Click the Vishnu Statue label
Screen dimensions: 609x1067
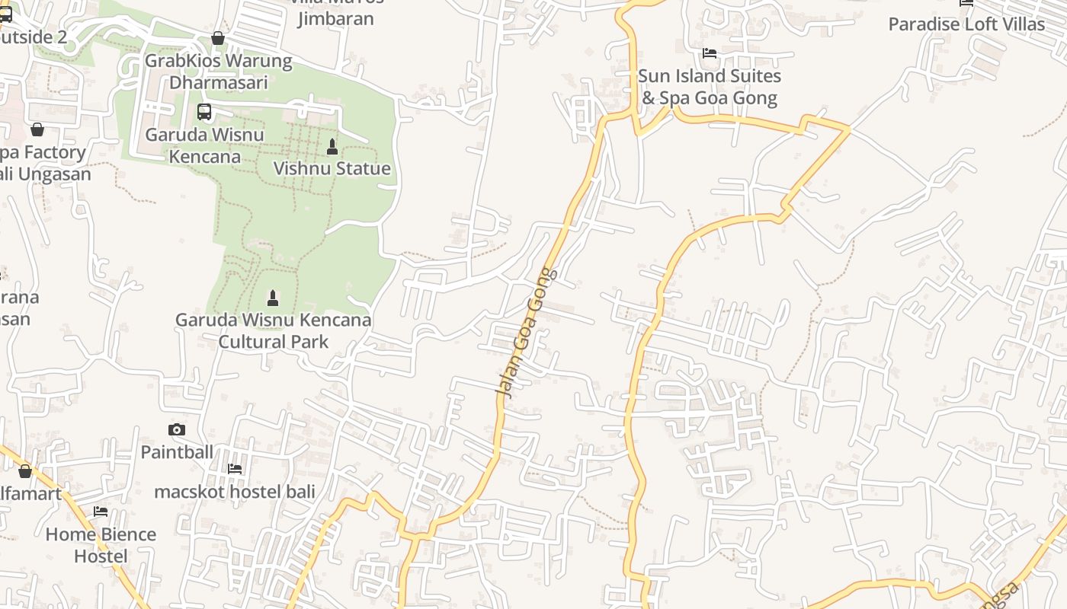click(x=332, y=168)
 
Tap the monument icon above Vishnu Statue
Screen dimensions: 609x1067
click(x=332, y=146)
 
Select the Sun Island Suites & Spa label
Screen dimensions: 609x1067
click(x=709, y=87)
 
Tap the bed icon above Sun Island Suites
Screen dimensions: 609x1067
click(x=710, y=53)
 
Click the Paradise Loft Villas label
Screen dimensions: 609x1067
click(x=966, y=24)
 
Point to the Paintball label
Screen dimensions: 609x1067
click(x=177, y=452)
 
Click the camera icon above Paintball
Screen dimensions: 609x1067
click(x=177, y=430)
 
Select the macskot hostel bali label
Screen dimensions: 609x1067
click(x=235, y=492)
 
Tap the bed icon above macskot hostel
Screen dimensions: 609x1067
click(x=235, y=469)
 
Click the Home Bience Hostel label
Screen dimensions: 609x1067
click(x=101, y=545)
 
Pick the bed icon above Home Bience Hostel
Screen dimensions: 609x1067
click(x=101, y=512)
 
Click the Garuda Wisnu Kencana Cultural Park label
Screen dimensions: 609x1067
click(x=274, y=330)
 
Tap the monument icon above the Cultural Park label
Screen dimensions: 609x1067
click(x=273, y=298)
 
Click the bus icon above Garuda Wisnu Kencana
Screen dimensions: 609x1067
click(x=204, y=112)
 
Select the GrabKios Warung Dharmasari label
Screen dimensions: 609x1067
click(x=218, y=71)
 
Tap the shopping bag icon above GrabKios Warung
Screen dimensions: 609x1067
click(x=218, y=38)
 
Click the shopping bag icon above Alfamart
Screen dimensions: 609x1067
click(x=25, y=472)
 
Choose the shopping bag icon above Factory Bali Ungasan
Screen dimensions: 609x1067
click(x=37, y=129)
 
